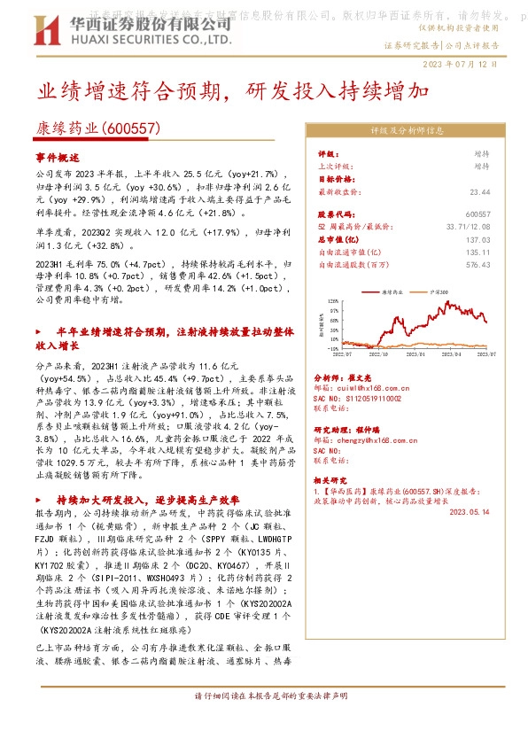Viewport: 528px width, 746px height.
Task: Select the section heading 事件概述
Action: [x=58, y=156]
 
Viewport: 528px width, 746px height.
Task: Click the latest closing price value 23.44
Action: [x=479, y=190]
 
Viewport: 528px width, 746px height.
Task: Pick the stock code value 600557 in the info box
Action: [x=478, y=214]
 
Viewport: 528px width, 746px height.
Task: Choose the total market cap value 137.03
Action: [x=478, y=239]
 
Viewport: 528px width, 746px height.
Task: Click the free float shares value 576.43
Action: [x=478, y=263]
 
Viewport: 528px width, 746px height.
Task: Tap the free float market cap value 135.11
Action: [x=478, y=251]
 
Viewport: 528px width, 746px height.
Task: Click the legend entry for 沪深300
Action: [x=440, y=291]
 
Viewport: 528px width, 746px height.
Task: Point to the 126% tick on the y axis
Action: [x=334, y=300]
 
